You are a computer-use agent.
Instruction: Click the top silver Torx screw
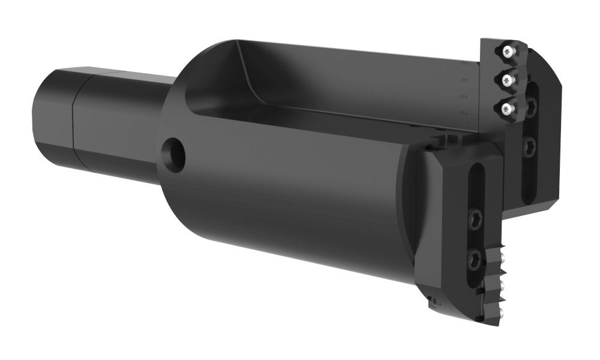point(509,52)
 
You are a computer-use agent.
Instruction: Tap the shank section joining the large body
point(126,126)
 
